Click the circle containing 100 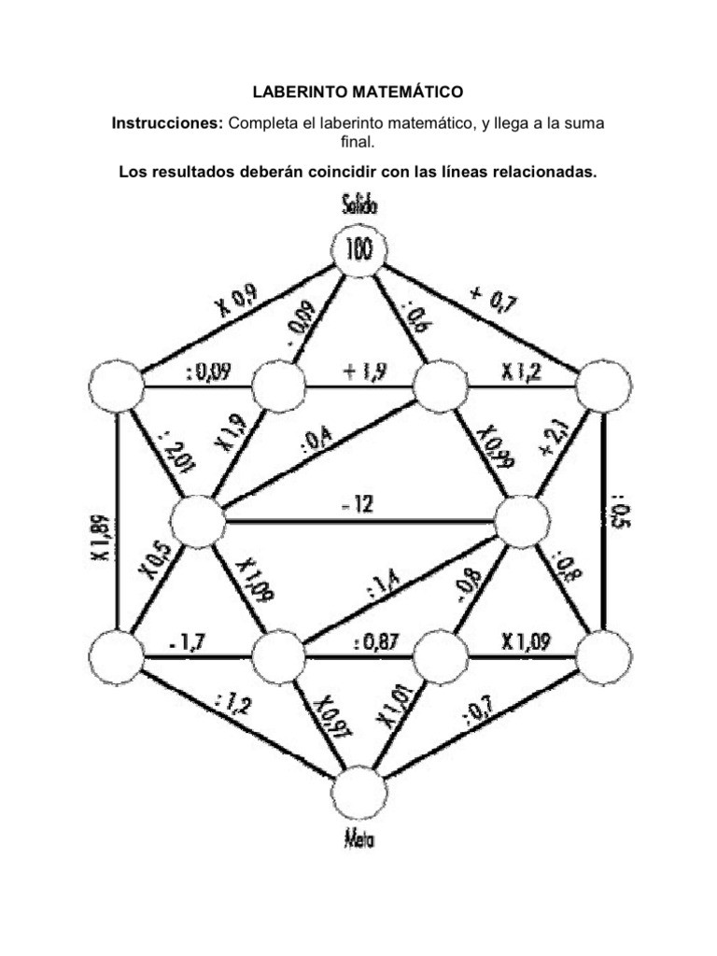[359, 249]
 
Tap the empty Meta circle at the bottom [359, 794]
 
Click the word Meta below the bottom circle [359, 838]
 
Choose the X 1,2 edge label [520, 372]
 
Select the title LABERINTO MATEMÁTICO [358, 92]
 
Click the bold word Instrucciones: [168, 123]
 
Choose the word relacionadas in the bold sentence [542, 173]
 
